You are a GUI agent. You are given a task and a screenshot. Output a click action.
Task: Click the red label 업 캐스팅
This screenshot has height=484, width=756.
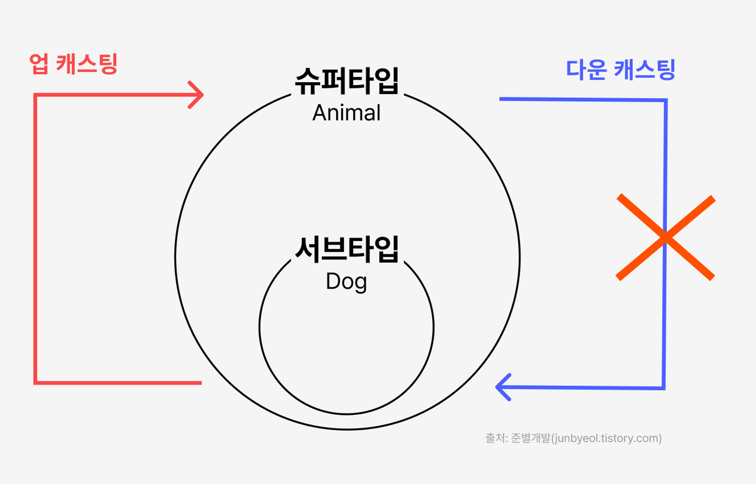coord(73,64)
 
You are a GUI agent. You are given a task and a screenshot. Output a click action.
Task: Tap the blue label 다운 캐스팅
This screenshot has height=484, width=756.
coord(620,70)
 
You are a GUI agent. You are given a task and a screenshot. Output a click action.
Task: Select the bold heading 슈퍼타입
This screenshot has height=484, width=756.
coord(347,81)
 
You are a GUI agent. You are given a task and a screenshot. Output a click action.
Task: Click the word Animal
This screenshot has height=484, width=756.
coord(346,113)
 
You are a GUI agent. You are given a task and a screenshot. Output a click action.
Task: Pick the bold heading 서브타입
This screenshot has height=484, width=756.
coord(347,249)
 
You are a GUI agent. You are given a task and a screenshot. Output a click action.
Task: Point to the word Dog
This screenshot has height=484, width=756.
coord(346,282)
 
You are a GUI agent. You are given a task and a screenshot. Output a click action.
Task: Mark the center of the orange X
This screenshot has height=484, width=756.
coord(666,237)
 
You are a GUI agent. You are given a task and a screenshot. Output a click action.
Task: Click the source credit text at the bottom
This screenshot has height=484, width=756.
coord(573,438)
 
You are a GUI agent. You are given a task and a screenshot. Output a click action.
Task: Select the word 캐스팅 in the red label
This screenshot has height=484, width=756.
coord(87,64)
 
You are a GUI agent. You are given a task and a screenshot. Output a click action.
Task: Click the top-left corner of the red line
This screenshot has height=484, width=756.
coord(36,95)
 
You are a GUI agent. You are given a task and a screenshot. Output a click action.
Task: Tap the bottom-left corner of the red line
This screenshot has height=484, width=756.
coord(36,383)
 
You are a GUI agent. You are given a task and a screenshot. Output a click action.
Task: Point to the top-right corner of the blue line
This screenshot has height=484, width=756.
coord(666,101)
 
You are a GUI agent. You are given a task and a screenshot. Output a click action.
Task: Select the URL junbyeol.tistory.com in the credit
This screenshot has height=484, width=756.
coord(606,438)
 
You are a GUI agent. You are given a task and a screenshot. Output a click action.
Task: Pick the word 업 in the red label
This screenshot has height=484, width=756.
coord(39,64)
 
